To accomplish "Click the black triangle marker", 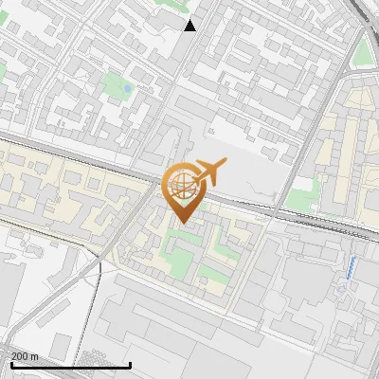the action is (190, 25).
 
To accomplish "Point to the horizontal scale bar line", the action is (70, 365).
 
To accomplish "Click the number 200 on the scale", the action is (20, 356).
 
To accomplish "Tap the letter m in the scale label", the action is (35, 356).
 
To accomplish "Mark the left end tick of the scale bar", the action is (10, 364).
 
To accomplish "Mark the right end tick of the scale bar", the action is (130, 364).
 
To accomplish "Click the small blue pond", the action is (127, 90).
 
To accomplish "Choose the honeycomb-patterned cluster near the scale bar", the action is (95, 357).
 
